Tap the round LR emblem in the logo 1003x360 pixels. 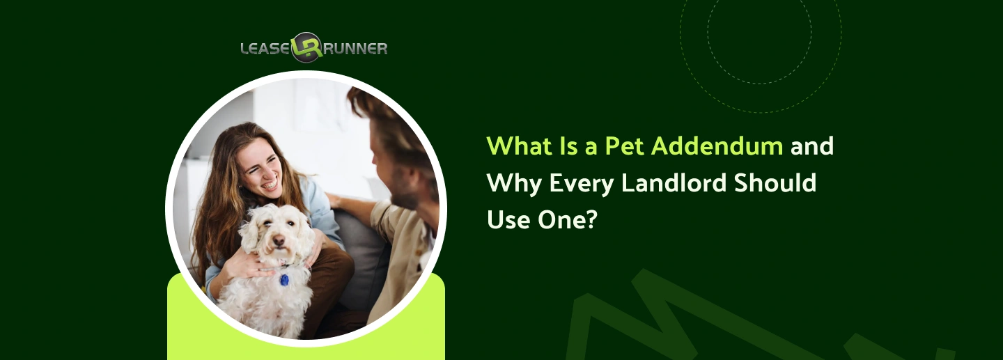(x=306, y=47)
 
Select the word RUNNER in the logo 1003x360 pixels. (x=355, y=49)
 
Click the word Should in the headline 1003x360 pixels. (x=782, y=183)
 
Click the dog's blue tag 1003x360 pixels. (x=284, y=279)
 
